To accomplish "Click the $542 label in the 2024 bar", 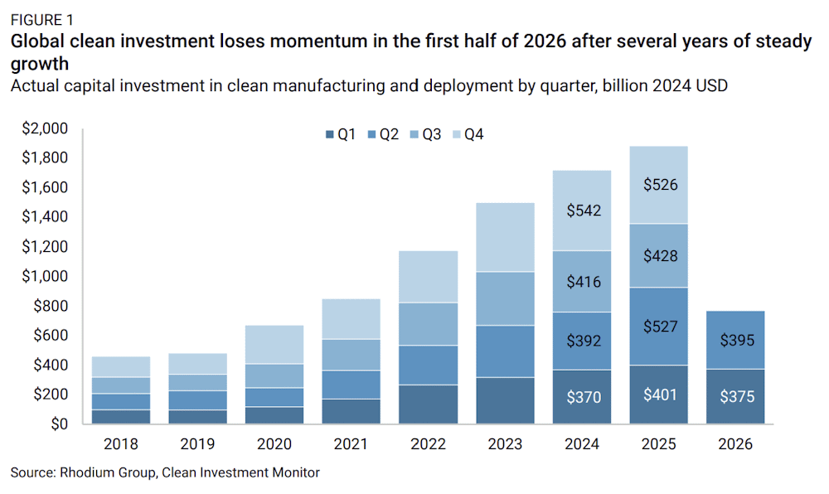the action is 584,211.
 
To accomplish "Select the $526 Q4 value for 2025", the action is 661,184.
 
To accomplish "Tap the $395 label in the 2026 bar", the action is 737,340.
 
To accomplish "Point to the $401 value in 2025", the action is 660,395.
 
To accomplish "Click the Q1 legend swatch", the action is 329,135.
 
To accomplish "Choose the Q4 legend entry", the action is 468,134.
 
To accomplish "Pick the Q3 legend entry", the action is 425,134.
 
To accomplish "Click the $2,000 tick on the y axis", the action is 45,128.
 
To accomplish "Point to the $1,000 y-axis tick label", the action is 45,276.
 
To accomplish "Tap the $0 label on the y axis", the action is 59,424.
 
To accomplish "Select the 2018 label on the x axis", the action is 121,443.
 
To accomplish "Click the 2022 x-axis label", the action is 429,443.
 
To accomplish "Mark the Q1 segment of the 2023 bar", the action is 505,400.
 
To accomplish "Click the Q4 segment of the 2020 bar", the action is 274,345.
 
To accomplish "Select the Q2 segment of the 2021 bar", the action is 351,385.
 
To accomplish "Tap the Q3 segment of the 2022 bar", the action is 429,324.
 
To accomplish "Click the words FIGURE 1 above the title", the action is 42,20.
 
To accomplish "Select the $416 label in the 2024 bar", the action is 584,282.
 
